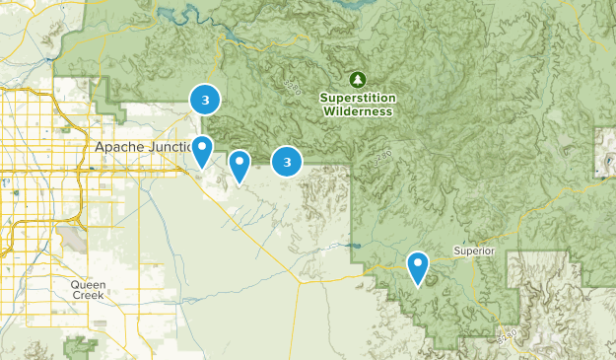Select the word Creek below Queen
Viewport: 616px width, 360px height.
(x=88, y=296)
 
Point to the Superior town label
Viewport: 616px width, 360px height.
(x=473, y=251)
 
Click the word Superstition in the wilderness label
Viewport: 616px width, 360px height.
(x=357, y=98)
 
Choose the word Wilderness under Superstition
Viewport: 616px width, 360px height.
(x=357, y=111)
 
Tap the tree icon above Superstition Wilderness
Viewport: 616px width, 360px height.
(x=357, y=78)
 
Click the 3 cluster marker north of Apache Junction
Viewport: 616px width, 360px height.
(x=205, y=100)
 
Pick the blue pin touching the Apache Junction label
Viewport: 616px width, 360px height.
(x=202, y=150)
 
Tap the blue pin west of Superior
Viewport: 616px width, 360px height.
(x=419, y=265)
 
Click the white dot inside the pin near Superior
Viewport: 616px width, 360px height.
(x=419, y=262)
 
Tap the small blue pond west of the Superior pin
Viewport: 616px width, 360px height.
(x=352, y=244)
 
